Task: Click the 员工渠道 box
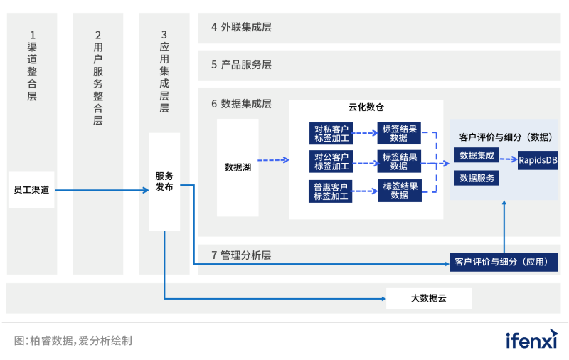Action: coord(32,190)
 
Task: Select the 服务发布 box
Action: coord(164,181)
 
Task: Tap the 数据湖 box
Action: coord(238,168)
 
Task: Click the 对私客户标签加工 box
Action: coord(331,134)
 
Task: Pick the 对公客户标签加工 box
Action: coord(331,162)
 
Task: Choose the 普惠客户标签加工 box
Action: coord(331,191)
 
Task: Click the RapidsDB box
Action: coord(538,162)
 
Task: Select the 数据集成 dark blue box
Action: coord(477,155)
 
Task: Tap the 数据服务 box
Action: coord(477,178)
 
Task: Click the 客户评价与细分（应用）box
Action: coord(504,262)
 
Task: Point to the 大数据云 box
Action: coord(429,298)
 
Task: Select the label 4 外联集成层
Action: coord(241,28)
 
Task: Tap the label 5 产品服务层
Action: coord(241,65)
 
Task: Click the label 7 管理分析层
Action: coord(241,255)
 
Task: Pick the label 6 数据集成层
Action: coord(241,104)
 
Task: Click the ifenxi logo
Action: coord(531,339)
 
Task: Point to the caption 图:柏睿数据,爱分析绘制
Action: coord(73,341)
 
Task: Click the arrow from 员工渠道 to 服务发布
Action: coord(102,190)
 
